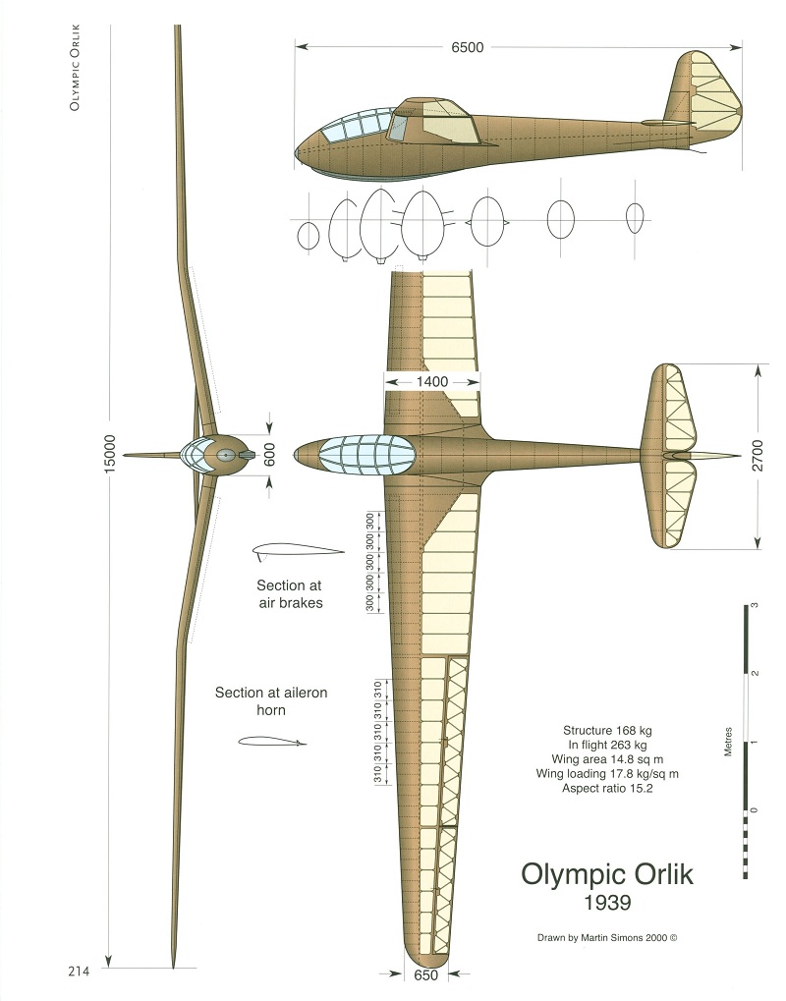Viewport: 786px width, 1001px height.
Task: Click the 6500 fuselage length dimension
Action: pyautogui.click(x=468, y=46)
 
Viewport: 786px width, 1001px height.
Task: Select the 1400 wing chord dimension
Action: pyautogui.click(x=431, y=380)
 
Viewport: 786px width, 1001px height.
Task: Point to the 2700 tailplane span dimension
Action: pyautogui.click(x=758, y=455)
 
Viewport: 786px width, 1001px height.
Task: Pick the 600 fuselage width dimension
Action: pyautogui.click(x=270, y=455)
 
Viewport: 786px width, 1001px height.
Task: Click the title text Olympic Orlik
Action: pyautogui.click(x=606, y=872)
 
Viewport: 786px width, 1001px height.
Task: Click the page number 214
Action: pyautogui.click(x=79, y=972)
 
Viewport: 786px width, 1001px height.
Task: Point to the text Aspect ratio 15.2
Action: pyautogui.click(x=607, y=788)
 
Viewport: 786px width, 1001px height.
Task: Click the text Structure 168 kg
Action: pyautogui.click(x=607, y=731)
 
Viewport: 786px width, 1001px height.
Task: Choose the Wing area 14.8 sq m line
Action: pyautogui.click(x=607, y=759)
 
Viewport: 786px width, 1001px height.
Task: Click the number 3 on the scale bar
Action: pyautogui.click(x=754, y=607)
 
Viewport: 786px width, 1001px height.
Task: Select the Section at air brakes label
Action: pyautogui.click(x=289, y=593)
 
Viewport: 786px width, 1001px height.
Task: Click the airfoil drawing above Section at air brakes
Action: pyautogui.click(x=296, y=550)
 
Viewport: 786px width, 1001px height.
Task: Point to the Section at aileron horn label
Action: pyautogui.click(x=271, y=700)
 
